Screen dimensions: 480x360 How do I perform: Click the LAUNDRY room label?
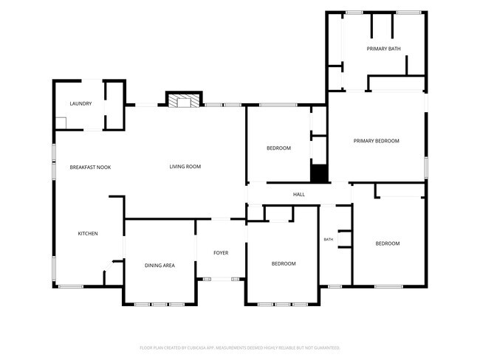coord(80,104)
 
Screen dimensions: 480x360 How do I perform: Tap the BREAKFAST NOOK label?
coord(90,167)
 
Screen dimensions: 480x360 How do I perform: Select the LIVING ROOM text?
coord(185,167)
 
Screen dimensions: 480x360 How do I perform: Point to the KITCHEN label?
coord(88,234)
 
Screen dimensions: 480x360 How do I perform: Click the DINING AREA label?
coord(160,266)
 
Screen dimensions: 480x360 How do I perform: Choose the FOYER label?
coord(221,253)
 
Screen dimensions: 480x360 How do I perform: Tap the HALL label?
coord(299,195)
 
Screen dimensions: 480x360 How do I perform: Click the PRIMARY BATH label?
coord(383,49)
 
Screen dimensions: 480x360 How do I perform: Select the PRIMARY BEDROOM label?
coord(376,141)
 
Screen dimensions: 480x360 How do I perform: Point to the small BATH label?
coord(329,240)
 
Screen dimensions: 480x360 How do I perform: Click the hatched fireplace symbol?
coord(184,100)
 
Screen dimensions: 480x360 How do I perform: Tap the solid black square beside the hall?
coord(319,173)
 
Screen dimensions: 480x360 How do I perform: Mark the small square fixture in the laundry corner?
coord(61,123)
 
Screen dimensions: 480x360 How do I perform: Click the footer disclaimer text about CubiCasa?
coord(240,347)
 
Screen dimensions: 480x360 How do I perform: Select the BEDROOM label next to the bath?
coord(388,243)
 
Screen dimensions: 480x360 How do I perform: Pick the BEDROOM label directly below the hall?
coord(284,263)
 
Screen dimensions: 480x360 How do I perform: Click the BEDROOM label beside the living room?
coord(278,148)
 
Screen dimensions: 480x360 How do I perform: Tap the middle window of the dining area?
coord(160,305)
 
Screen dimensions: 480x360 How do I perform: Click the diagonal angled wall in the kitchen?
coord(108,266)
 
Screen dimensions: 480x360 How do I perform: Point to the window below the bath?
coord(335,286)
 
